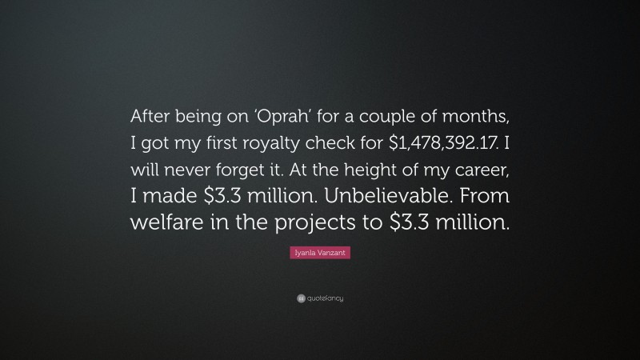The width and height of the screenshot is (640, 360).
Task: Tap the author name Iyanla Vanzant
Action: tap(320, 253)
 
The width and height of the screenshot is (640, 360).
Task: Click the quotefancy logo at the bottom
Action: tap(320, 298)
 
